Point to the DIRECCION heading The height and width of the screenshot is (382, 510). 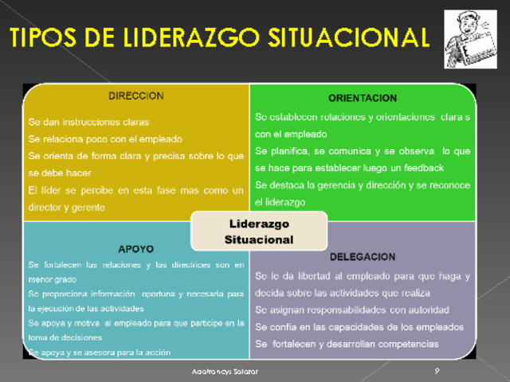coord(135,96)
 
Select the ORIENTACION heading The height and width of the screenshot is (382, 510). coord(362,98)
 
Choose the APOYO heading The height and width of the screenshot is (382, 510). coord(135,248)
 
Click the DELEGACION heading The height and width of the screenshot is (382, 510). coord(363,257)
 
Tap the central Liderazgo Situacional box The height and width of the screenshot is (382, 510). coord(259,232)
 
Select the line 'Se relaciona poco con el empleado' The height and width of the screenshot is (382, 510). coord(105,138)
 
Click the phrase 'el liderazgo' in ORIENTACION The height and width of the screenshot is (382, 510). coord(280,202)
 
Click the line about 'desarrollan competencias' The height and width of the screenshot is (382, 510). coord(347,344)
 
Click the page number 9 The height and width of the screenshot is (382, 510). coord(437,371)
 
